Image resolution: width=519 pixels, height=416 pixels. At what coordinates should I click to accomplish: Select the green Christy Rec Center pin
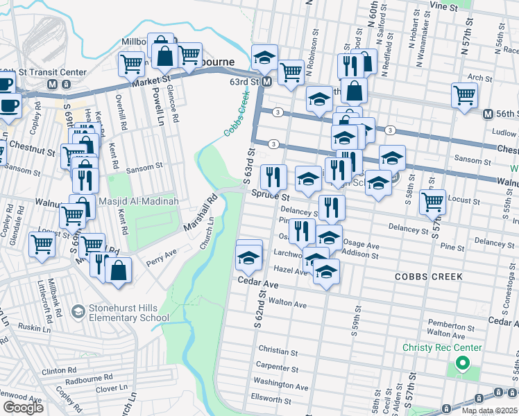coord(461,363)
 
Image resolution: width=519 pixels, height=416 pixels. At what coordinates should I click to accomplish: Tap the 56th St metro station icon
coord(488,114)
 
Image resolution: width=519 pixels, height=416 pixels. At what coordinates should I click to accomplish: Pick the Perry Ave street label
coord(161,258)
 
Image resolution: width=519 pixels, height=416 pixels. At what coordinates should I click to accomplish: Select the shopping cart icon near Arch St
coord(464,95)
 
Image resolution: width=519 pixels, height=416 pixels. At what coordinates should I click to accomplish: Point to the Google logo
coord(23,408)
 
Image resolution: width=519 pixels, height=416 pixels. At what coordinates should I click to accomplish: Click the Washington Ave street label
coord(280,384)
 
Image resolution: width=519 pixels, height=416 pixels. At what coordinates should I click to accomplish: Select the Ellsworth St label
coord(270,399)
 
